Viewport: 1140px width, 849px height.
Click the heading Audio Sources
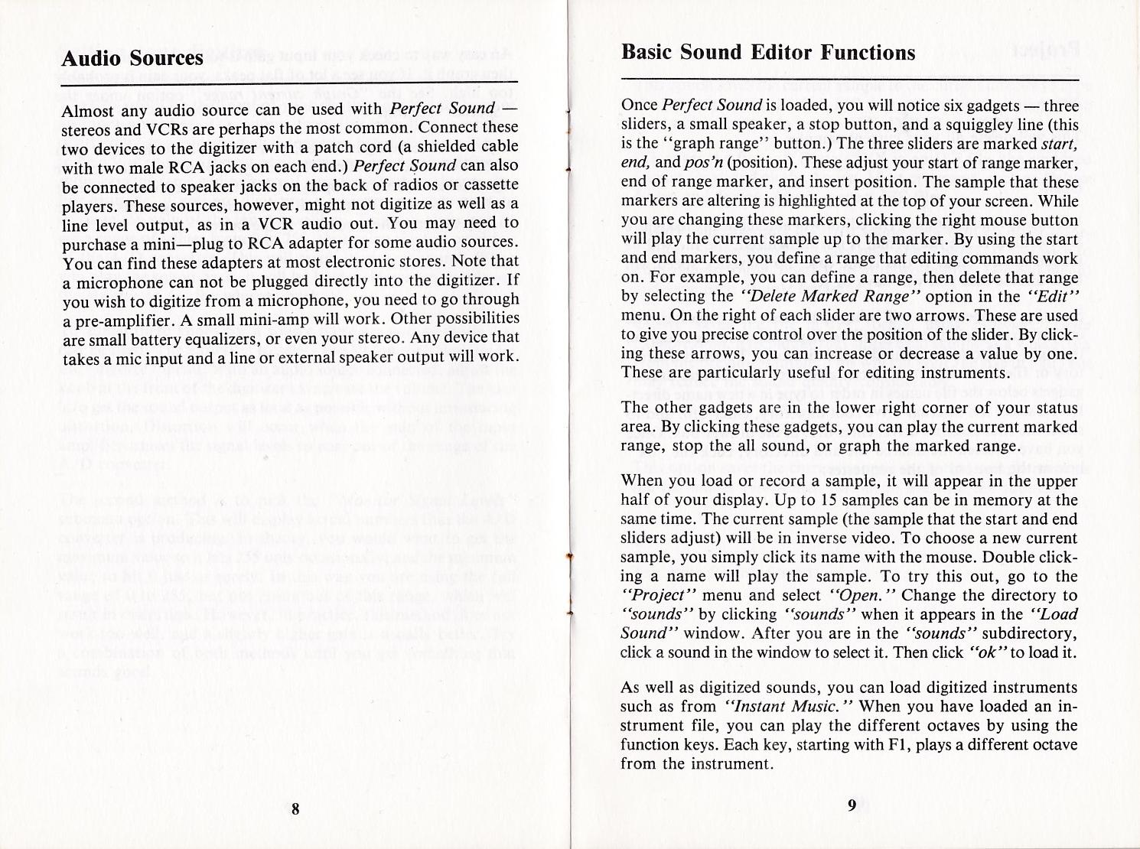click(x=132, y=59)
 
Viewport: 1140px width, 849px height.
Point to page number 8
click(x=294, y=809)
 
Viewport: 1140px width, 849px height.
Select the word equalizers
click(x=230, y=338)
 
